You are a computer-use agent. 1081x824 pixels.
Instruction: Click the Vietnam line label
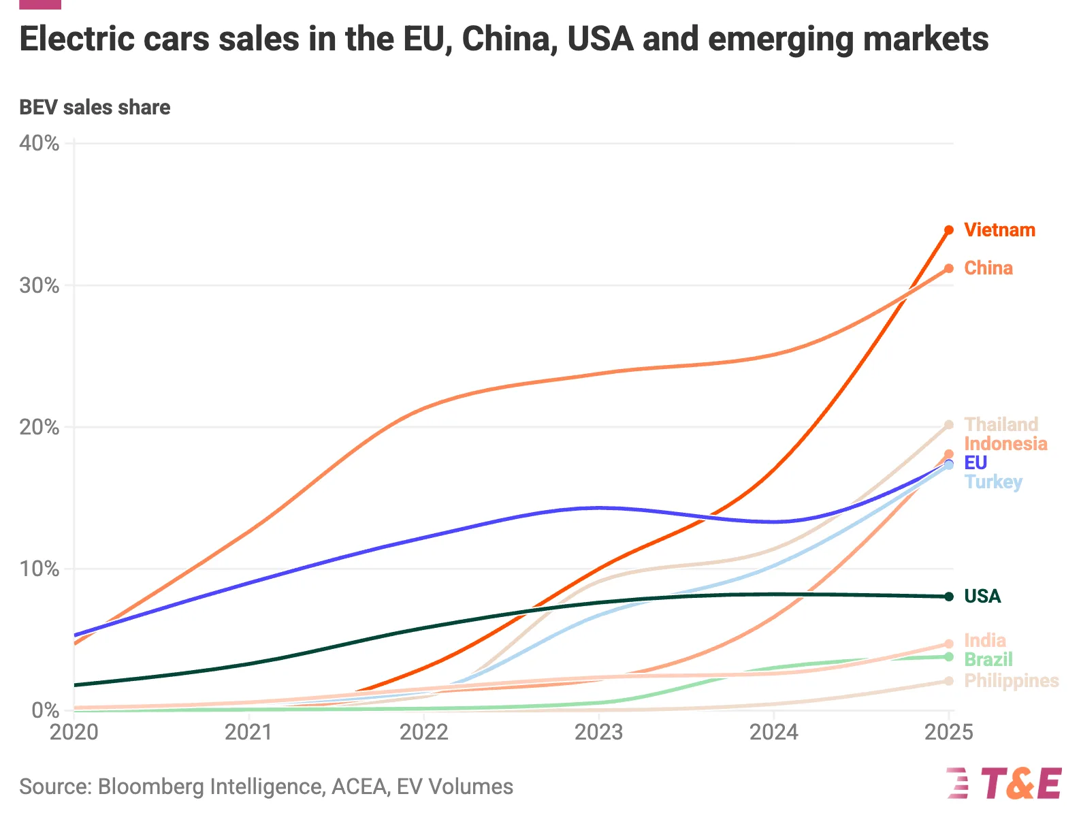999,230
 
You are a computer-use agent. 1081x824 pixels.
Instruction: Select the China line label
988,268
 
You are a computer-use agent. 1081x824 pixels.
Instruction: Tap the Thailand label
1001,424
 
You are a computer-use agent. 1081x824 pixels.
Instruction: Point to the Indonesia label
1005,444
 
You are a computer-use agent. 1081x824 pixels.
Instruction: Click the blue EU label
975,463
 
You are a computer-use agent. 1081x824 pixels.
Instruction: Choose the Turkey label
993,482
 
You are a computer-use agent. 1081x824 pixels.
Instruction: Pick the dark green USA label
982,597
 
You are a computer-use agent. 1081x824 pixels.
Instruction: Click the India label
985,641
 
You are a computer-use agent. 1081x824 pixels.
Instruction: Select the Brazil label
988,660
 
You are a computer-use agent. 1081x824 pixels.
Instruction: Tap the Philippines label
1012,681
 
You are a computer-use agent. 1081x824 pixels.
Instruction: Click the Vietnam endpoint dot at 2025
949,230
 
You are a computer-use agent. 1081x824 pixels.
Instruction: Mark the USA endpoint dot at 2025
949,597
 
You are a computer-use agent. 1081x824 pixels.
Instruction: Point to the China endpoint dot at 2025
949,268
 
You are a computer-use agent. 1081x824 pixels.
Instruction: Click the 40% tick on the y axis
39,144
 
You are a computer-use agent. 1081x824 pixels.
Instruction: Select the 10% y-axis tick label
39,569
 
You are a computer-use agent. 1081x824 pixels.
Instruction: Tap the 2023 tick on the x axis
599,733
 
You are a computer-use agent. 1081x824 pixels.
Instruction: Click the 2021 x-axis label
249,733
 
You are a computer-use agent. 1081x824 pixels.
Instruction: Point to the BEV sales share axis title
95,108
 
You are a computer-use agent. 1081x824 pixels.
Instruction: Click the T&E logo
1004,783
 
